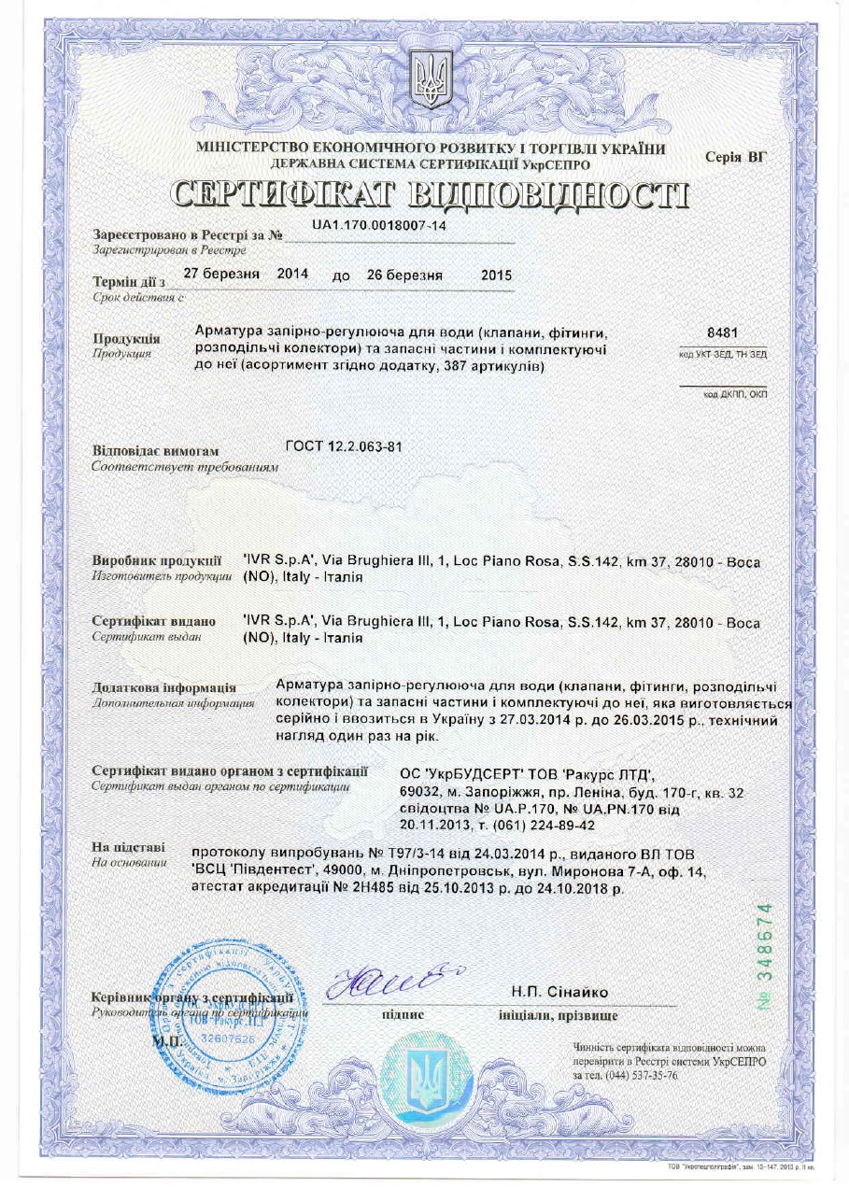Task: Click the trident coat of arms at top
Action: click(431, 80)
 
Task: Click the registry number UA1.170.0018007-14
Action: click(379, 227)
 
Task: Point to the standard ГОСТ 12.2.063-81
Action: click(344, 445)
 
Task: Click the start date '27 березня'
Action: click(220, 276)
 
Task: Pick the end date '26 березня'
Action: click(404, 276)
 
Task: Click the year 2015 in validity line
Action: click(496, 276)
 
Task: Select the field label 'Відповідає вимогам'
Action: click(155, 451)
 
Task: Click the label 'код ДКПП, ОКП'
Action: click(734, 395)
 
